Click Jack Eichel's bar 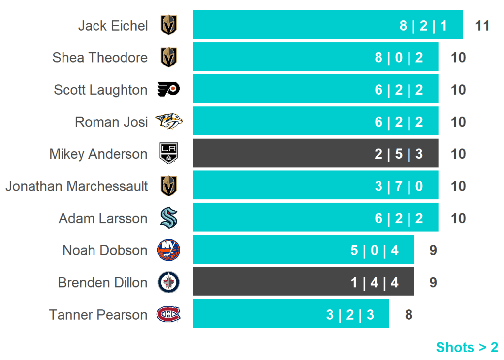(x=295, y=25)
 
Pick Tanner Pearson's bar (x=256, y=314)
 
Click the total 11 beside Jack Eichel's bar (x=482, y=25)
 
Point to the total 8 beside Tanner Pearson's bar (x=409, y=314)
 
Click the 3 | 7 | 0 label (x=399, y=186)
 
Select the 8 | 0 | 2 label (x=399, y=58)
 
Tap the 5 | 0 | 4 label (x=375, y=250)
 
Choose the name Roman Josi (x=111, y=122)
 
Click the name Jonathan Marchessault (x=76, y=186)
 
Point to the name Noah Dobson (x=105, y=250)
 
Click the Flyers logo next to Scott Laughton (x=168, y=89)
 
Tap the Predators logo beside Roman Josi (x=168, y=121)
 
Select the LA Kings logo (x=168, y=153)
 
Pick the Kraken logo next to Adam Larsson (x=168, y=218)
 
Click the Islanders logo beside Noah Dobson (x=168, y=250)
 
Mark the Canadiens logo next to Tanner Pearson (x=168, y=314)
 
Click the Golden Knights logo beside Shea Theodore (x=168, y=57)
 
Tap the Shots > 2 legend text (x=467, y=347)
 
